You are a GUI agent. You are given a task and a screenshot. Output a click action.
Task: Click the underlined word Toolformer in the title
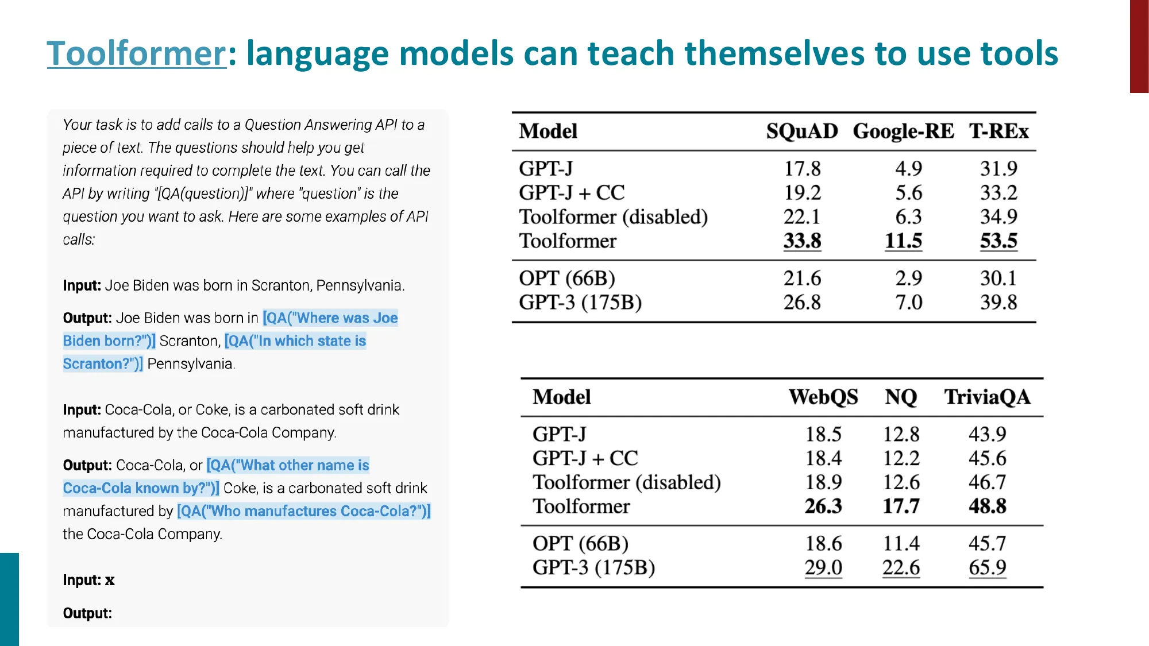point(137,53)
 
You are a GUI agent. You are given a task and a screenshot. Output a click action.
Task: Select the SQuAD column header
point(802,131)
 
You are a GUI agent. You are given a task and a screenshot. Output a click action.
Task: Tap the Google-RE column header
point(903,131)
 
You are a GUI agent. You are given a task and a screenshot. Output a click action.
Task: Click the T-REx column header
point(998,131)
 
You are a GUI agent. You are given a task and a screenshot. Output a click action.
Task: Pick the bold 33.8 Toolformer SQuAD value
point(802,241)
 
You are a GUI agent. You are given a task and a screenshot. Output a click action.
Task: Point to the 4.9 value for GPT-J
point(908,169)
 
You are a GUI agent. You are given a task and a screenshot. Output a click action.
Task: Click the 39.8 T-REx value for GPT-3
point(998,303)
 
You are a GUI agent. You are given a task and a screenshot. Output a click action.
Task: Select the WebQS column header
point(823,397)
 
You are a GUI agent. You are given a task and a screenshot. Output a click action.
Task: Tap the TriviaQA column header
point(987,397)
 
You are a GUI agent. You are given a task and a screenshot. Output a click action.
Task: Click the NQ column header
point(901,397)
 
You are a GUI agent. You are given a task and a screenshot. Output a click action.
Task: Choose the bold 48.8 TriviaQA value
point(987,506)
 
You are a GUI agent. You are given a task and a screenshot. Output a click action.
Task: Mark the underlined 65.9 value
point(987,568)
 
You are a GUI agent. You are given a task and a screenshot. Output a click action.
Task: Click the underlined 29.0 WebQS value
point(823,568)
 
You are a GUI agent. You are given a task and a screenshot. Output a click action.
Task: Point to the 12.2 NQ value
point(901,458)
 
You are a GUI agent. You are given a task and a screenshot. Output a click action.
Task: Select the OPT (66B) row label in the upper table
point(567,278)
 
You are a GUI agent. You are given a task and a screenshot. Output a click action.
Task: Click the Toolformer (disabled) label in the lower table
point(626,482)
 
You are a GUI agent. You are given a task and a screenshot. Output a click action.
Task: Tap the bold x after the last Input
point(110,581)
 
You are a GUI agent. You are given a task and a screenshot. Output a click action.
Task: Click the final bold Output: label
point(87,613)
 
